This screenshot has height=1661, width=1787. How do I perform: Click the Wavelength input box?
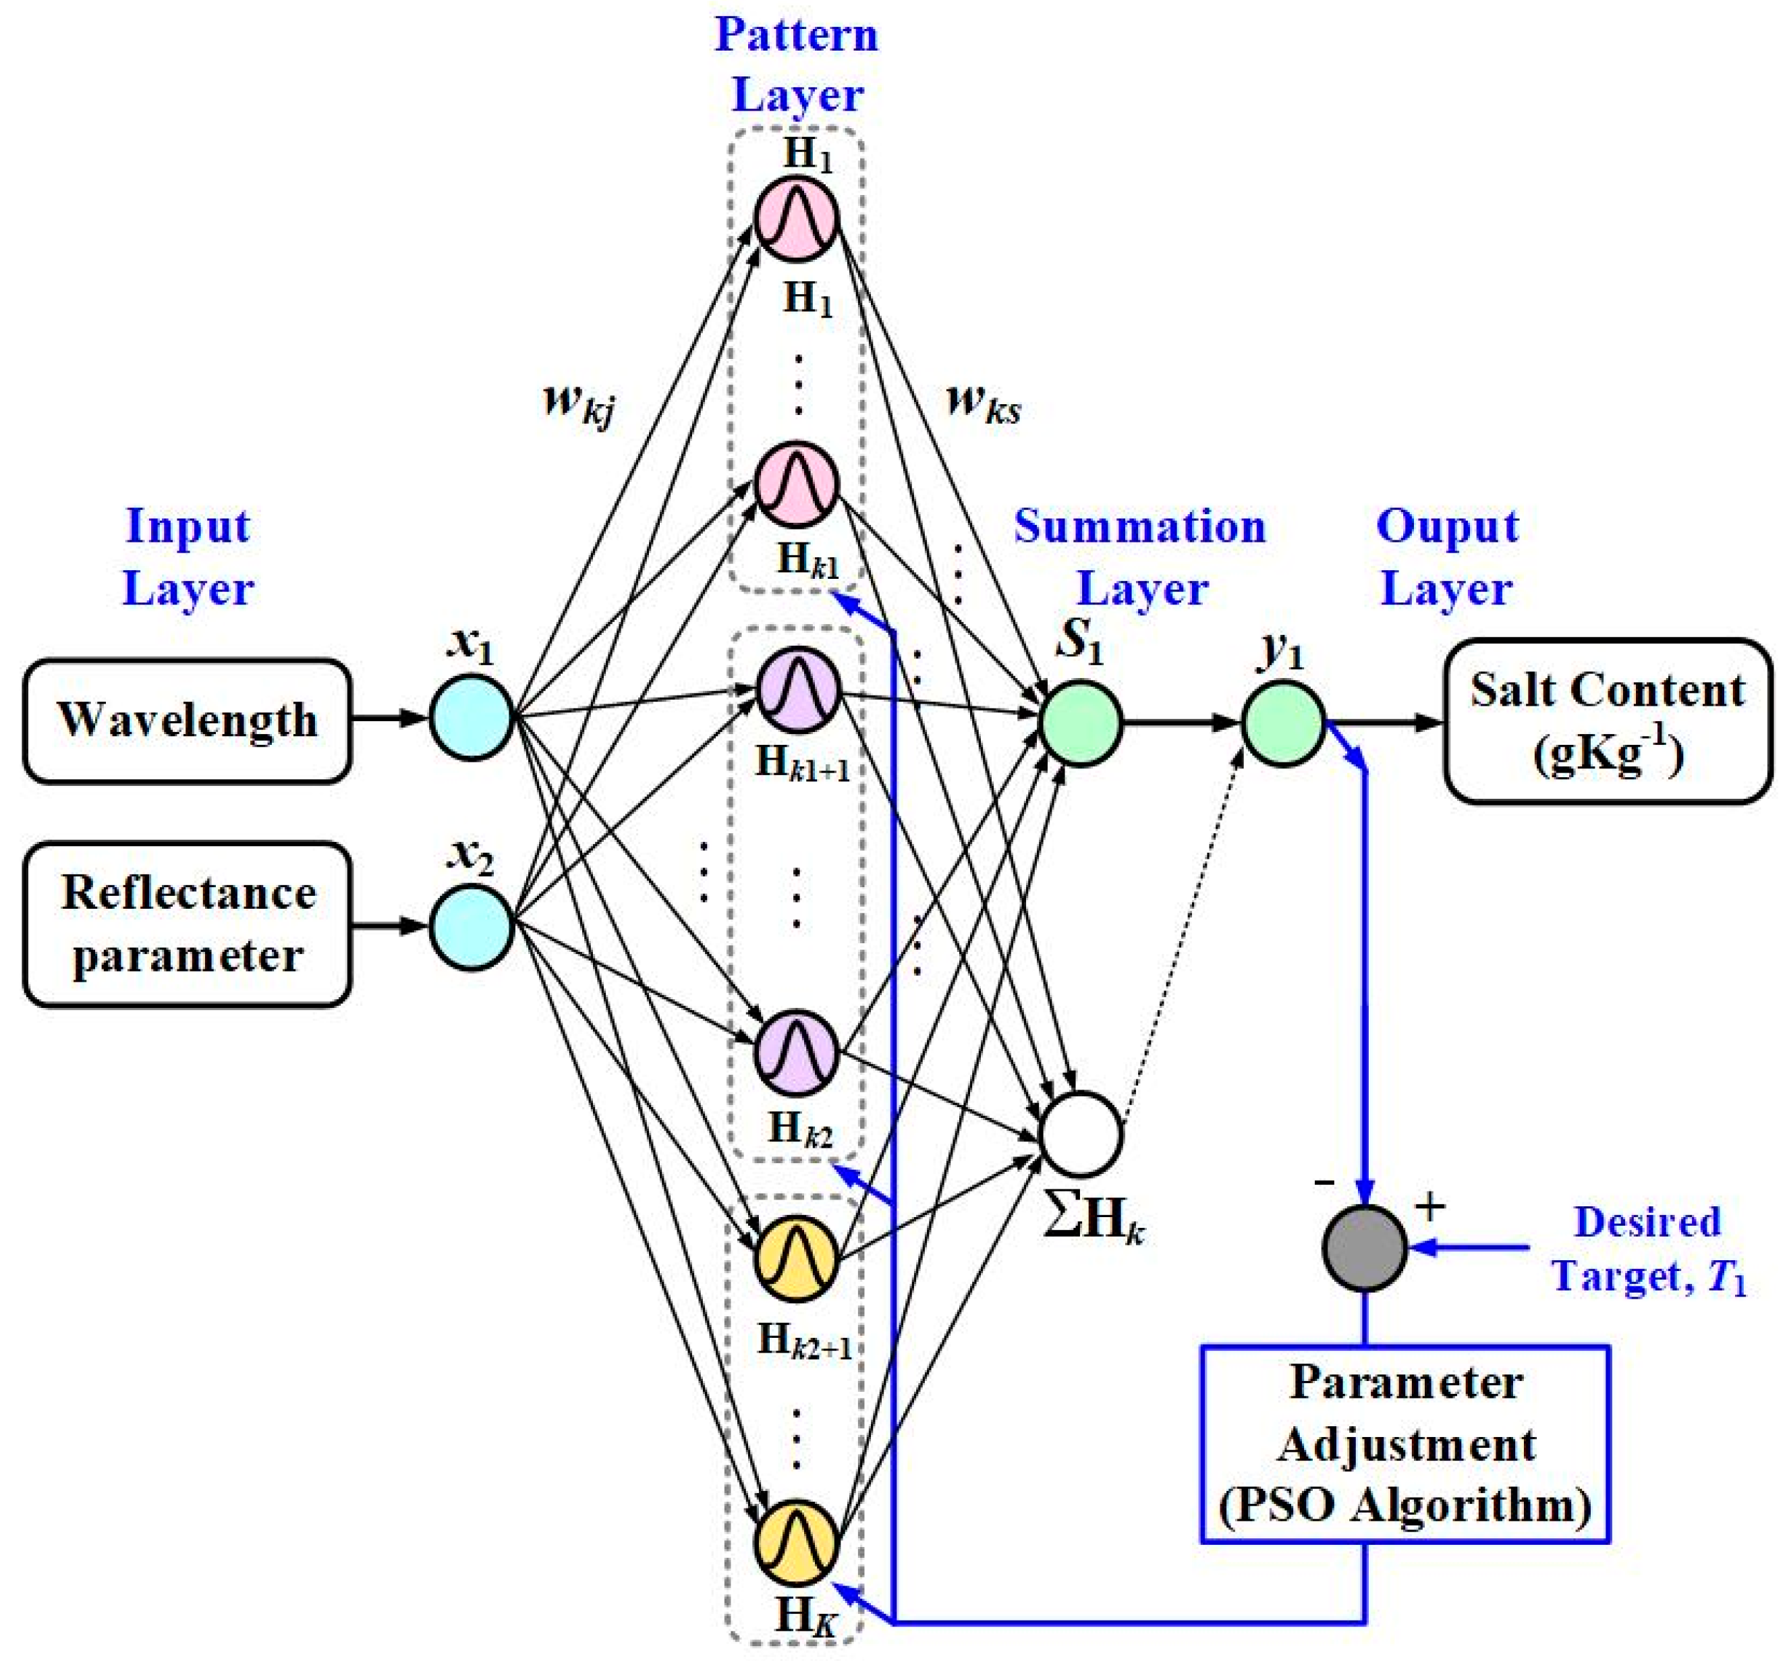[187, 721]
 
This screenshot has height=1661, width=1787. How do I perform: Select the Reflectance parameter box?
[187, 924]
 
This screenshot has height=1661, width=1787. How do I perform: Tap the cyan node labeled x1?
[471, 718]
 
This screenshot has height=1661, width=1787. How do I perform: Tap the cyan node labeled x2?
[471, 927]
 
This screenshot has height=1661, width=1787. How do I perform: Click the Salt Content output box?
[1608, 721]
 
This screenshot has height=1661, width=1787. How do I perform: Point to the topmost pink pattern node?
[797, 219]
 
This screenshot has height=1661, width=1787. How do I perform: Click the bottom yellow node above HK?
[797, 1542]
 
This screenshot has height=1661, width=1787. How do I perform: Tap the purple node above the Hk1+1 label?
[797, 690]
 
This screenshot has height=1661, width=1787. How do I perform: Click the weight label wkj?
[579, 402]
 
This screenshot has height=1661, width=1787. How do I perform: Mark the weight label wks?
[984, 402]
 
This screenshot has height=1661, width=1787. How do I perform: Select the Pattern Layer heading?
[797, 65]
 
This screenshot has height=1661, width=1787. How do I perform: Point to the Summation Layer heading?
[1140, 557]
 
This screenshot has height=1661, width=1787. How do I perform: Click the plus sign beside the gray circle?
[1429, 1207]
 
